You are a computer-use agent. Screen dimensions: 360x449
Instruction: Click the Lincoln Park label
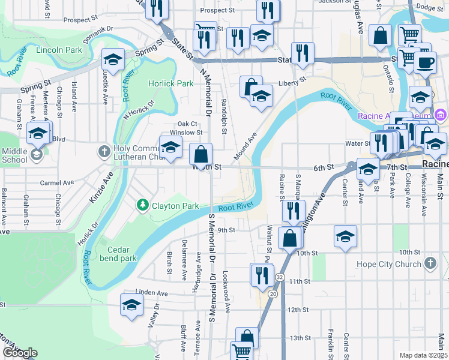pyautogui.click(x=59, y=50)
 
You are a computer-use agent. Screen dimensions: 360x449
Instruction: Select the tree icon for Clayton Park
pyautogui.click(x=143, y=206)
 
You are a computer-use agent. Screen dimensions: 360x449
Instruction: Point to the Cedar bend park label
pyautogui.click(x=122, y=254)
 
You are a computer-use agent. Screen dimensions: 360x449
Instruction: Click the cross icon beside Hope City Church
pyautogui.click(x=430, y=263)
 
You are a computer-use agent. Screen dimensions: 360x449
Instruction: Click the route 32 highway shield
pyautogui.click(x=280, y=277)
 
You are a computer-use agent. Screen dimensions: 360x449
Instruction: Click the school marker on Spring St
pyautogui.click(x=112, y=60)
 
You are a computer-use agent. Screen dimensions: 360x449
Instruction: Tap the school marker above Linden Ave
pyautogui.click(x=131, y=305)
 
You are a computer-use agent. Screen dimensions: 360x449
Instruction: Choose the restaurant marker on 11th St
pyautogui.click(x=261, y=274)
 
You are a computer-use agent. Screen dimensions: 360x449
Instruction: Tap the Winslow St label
pyautogui.click(x=185, y=132)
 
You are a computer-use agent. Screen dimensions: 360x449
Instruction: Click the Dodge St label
pyautogui.click(x=429, y=7)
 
